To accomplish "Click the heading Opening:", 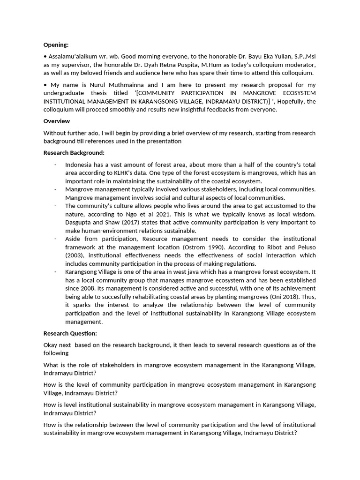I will coord(56,45).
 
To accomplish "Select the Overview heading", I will coord(56,120).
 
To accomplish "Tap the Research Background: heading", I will coord(74,153).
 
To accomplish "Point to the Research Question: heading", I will coord(70,333).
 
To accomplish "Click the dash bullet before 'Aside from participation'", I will coord(55,239).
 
